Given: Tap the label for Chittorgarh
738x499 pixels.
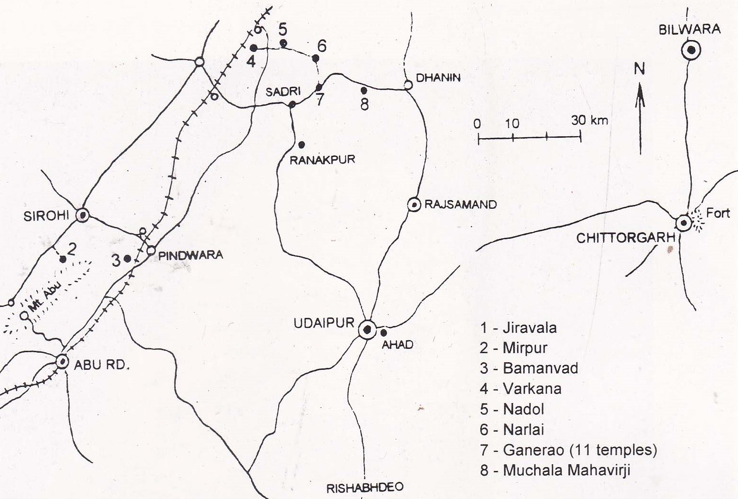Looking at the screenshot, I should [626, 237].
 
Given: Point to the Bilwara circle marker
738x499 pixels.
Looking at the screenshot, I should [691, 50].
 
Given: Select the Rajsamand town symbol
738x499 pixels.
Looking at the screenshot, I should [414, 205].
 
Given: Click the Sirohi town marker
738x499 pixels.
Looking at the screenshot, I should [83, 215].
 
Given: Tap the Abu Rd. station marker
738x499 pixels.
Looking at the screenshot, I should [62, 362].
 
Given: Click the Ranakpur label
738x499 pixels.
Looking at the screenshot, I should [323, 159].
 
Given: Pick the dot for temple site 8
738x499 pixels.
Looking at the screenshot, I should [364, 90].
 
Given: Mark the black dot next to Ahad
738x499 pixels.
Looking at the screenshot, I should [384, 333].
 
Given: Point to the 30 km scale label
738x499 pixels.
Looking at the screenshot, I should [589, 120].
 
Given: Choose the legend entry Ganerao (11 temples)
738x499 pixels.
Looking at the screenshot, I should [568, 450].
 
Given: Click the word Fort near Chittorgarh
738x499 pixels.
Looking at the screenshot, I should [718, 213].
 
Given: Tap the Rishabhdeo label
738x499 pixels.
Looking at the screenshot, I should [364, 488].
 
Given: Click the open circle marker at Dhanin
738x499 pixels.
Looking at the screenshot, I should [408, 85].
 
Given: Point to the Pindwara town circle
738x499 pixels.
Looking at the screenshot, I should [151, 250].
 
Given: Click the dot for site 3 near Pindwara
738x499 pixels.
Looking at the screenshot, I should [127, 258].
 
